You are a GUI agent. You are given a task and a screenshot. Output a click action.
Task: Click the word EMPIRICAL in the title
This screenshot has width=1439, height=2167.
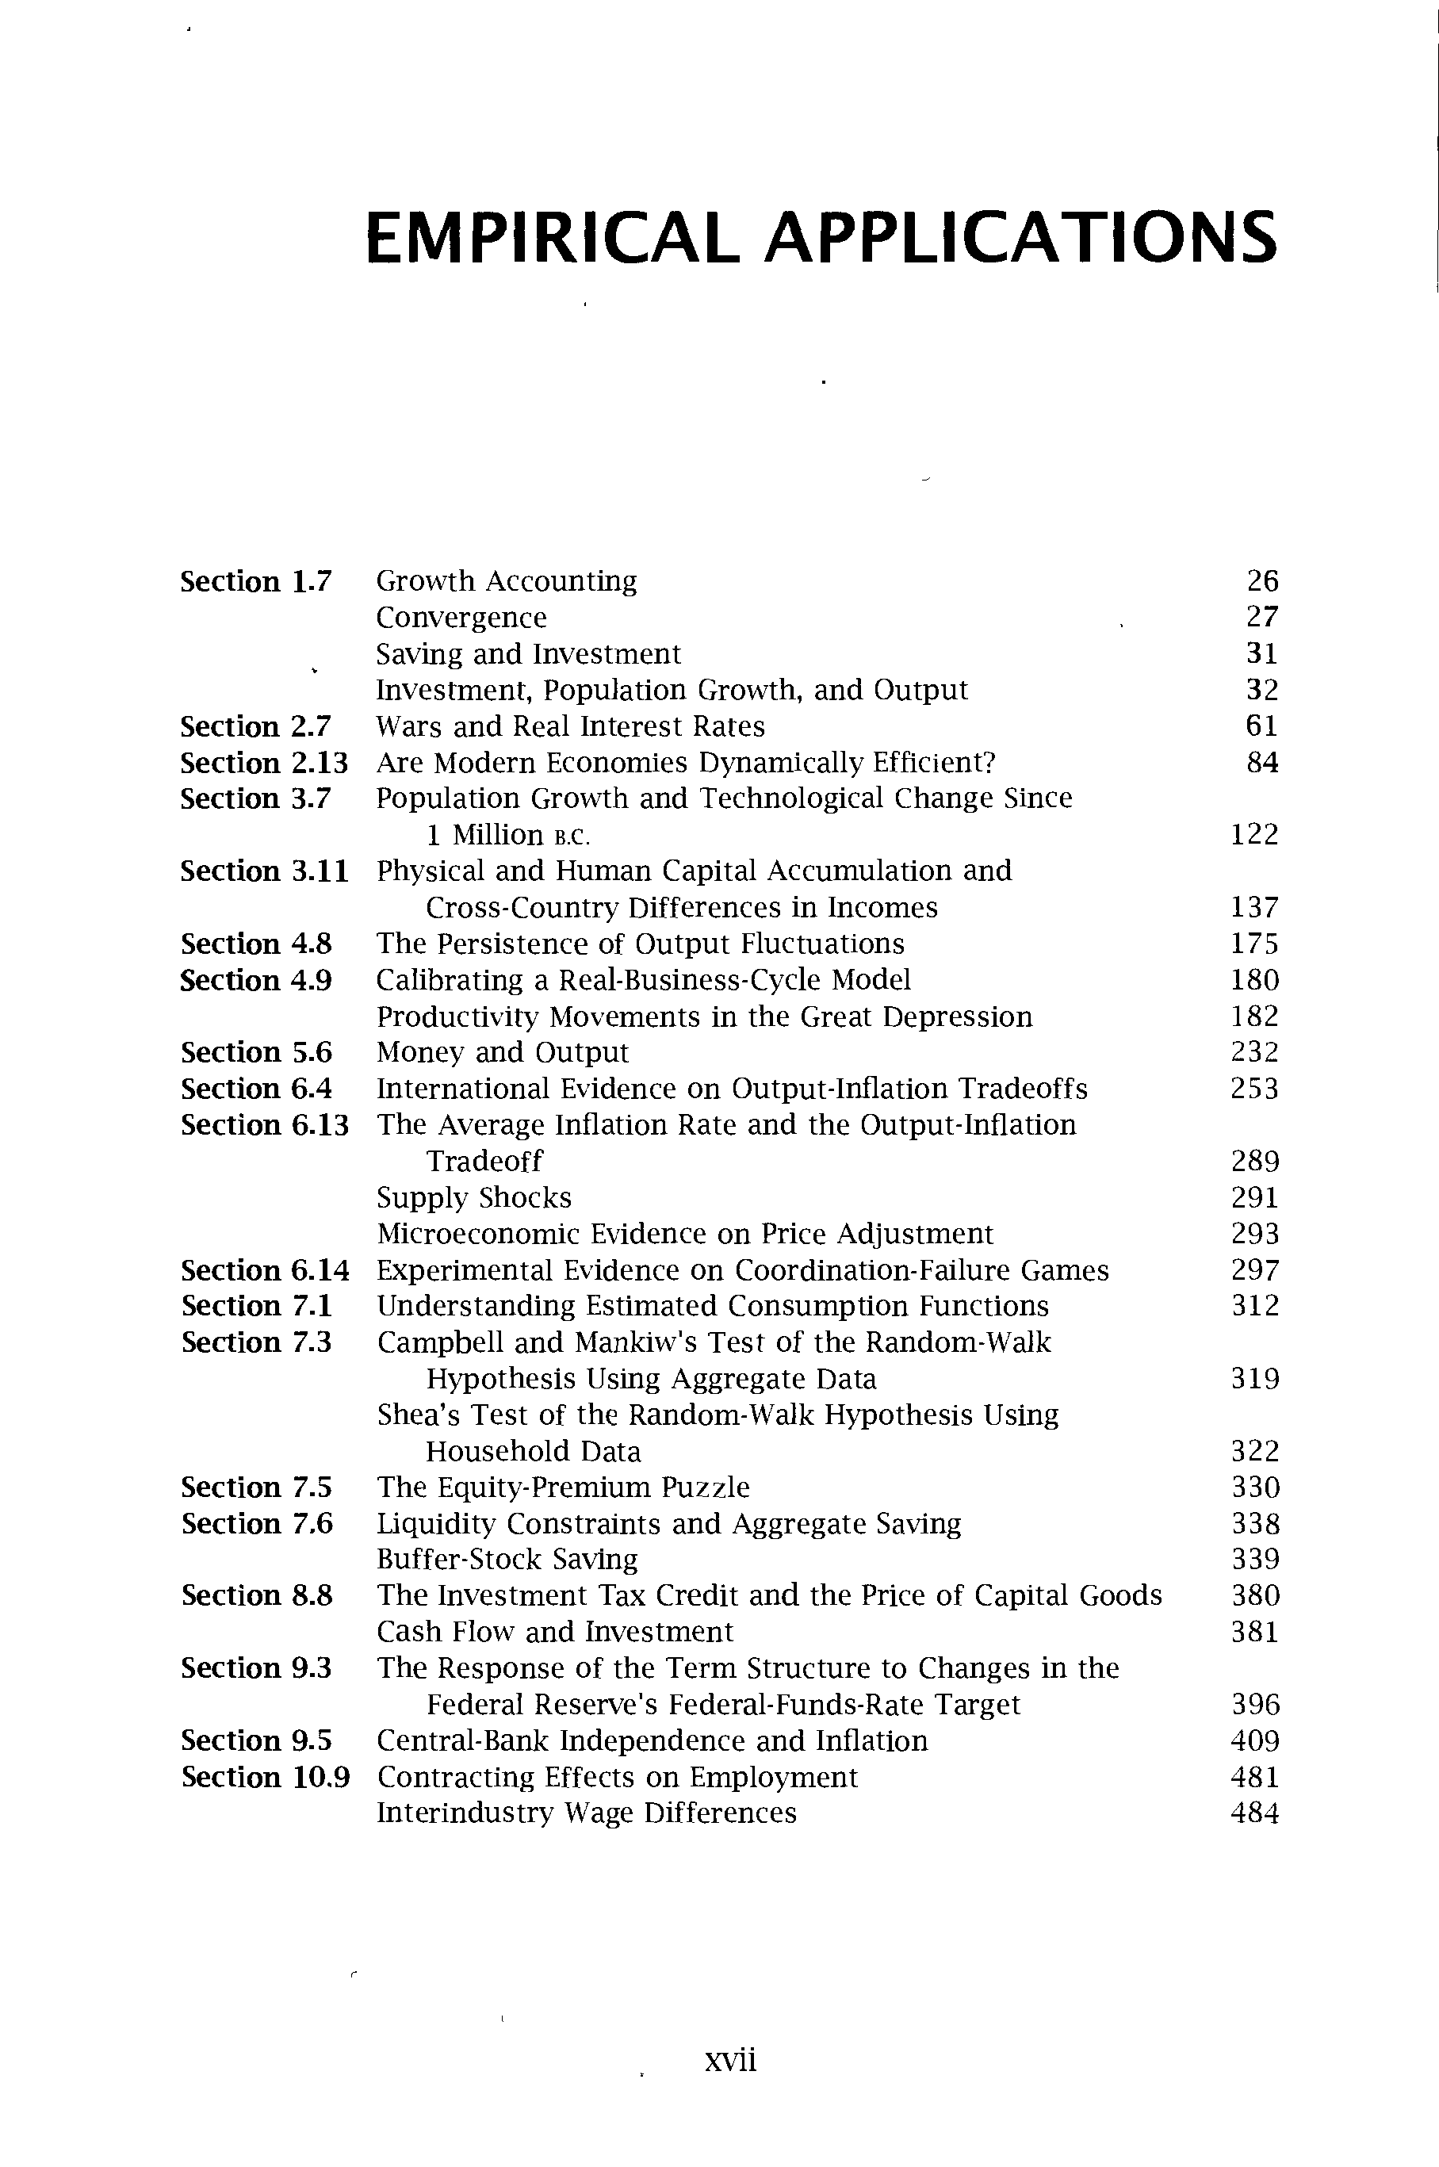point(552,237)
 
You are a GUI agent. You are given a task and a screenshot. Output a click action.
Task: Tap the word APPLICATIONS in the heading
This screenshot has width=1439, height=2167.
point(1020,237)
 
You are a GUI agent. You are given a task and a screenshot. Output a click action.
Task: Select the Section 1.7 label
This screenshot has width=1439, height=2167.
point(255,582)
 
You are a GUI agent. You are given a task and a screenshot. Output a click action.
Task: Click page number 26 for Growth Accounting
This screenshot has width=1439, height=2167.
point(1262,581)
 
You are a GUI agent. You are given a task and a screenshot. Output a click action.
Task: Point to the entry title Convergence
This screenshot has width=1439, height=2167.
point(461,618)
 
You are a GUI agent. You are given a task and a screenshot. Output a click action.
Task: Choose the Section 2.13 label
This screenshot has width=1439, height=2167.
point(264,763)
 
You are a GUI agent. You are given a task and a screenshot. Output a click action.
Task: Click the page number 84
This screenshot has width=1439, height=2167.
point(1262,763)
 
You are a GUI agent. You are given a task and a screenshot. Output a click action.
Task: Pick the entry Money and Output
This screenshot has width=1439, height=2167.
point(502,1052)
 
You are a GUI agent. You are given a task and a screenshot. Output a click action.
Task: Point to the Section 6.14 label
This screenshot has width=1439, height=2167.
point(266,1270)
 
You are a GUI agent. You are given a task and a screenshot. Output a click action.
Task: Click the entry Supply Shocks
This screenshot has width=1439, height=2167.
point(473,1198)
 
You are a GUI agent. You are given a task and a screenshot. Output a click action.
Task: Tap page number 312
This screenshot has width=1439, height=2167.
point(1254,1306)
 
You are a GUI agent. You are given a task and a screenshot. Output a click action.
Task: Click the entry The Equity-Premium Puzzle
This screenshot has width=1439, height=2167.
point(563,1487)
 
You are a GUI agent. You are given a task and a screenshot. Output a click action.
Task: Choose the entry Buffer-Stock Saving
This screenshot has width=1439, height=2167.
point(507,1560)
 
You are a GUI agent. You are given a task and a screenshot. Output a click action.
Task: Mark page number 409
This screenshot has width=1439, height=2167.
point(1254,1741)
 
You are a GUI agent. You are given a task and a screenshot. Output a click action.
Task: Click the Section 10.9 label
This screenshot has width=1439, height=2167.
point(266,1778)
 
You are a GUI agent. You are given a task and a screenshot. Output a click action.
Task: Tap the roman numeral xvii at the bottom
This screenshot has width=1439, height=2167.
point(729,2061)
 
